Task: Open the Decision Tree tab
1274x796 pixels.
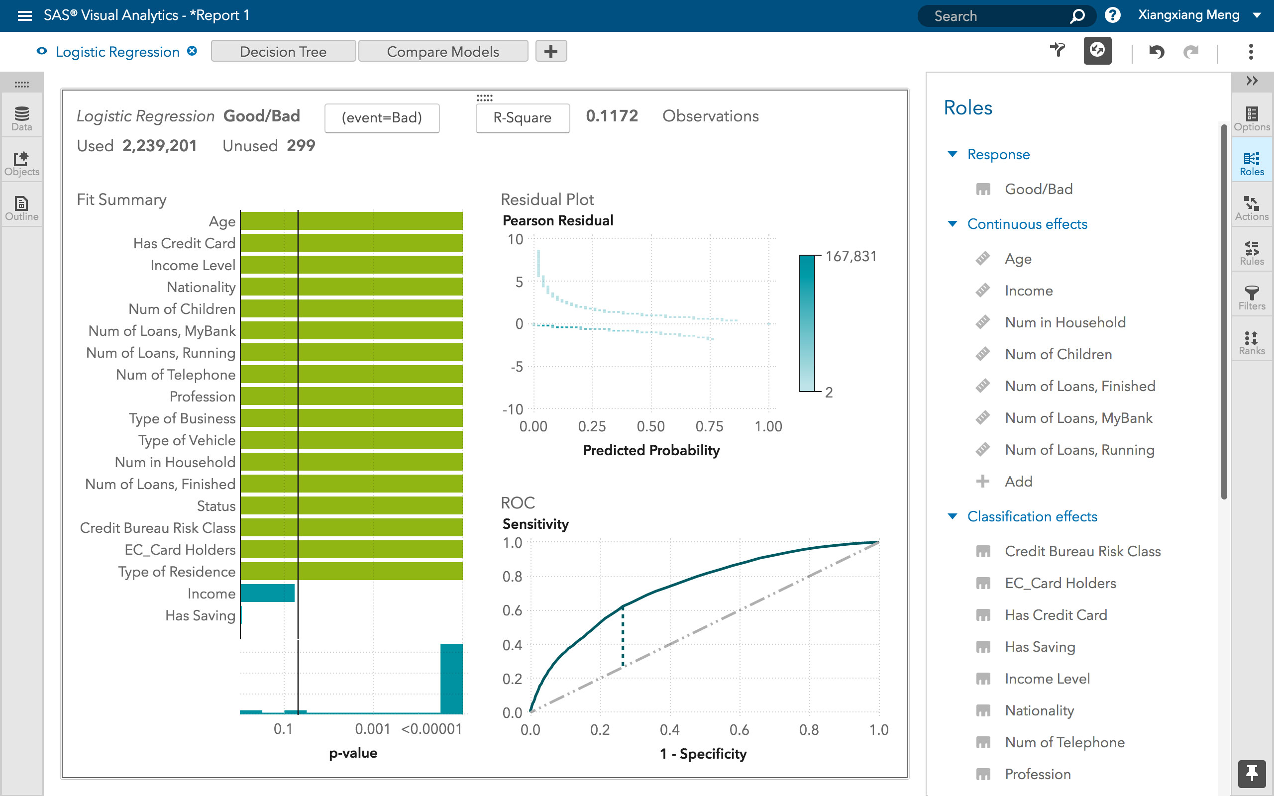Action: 283,52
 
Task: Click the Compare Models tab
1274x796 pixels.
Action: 443,52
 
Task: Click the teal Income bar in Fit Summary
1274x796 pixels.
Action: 267,594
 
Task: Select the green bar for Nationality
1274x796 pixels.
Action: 352,287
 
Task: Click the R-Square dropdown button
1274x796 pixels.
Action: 522,118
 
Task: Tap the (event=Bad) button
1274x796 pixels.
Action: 382,118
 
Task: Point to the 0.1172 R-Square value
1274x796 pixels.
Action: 612,116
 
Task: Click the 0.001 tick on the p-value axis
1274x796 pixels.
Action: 372,729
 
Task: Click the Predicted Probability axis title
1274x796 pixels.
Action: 651,451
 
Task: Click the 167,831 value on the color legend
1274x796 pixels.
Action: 850,256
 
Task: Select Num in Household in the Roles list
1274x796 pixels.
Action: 1065,322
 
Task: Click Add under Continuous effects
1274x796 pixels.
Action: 1018,481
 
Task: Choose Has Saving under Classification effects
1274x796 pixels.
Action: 1040,646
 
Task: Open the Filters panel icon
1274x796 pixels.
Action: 1252,297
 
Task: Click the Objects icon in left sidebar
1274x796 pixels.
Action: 21,163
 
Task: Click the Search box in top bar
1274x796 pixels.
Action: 998,16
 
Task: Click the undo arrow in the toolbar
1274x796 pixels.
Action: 1157,52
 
